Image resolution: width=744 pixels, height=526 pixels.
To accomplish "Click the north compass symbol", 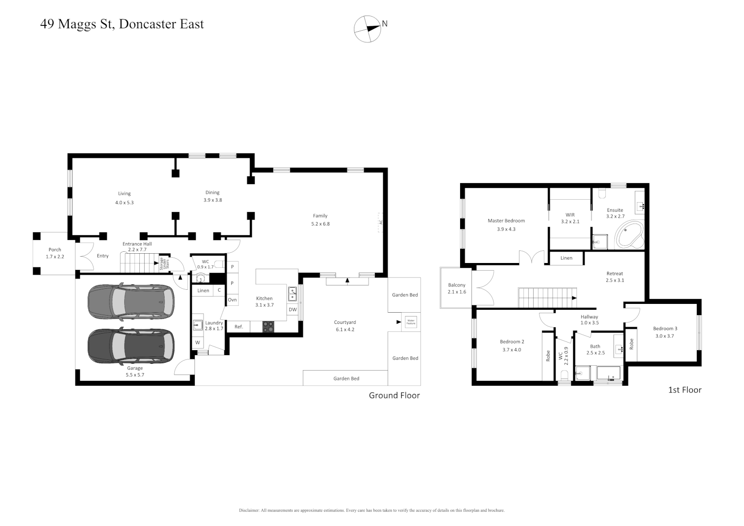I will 368,29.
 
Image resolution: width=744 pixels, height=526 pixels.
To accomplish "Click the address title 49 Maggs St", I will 122,24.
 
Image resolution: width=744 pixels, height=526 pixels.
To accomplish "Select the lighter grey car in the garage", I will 130,302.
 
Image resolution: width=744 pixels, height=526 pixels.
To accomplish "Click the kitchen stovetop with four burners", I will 268,326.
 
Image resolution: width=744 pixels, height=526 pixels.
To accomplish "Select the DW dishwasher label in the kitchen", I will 293,309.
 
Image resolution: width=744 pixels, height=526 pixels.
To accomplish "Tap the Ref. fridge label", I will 239,326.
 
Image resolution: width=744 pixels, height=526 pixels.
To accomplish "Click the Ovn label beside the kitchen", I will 232,300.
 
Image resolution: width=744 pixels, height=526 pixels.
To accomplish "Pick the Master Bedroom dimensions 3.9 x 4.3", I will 506,229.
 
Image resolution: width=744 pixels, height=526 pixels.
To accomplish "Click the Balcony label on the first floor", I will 457,285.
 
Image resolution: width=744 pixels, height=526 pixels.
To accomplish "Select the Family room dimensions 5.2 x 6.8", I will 320,224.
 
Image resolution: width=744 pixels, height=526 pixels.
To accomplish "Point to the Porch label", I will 55,249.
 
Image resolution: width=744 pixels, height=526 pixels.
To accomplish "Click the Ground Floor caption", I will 394,395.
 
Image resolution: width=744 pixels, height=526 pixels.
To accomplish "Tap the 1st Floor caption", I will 685,390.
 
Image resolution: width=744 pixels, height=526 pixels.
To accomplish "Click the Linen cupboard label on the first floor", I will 566,258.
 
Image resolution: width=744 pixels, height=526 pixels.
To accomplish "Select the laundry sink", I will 198,325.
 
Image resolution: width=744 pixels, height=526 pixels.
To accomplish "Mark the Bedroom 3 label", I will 665,328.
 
